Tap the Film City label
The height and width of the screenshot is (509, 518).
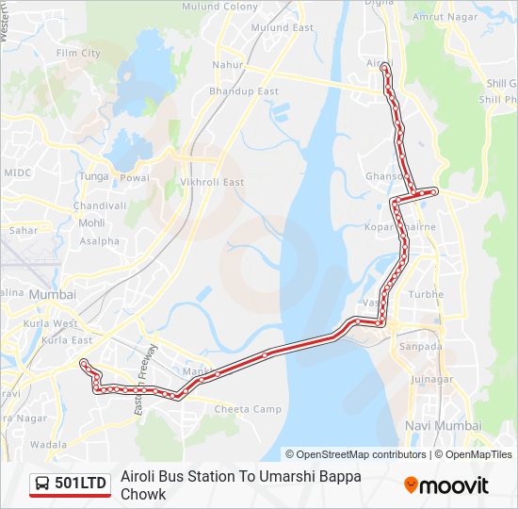(78, 54)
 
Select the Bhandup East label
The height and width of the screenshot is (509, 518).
(244, 91)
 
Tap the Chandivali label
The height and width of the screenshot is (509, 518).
(99, 205)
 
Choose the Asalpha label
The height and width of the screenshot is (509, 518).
(100, 241)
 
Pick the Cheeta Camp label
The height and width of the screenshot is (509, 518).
(248, 409)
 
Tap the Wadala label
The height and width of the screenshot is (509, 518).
(48, 444)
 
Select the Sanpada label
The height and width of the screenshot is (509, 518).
(421, 347)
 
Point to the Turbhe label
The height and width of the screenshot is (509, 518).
(426, 295)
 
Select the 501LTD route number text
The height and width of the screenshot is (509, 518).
(81, 484)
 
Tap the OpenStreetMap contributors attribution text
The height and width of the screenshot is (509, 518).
(362, 454)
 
